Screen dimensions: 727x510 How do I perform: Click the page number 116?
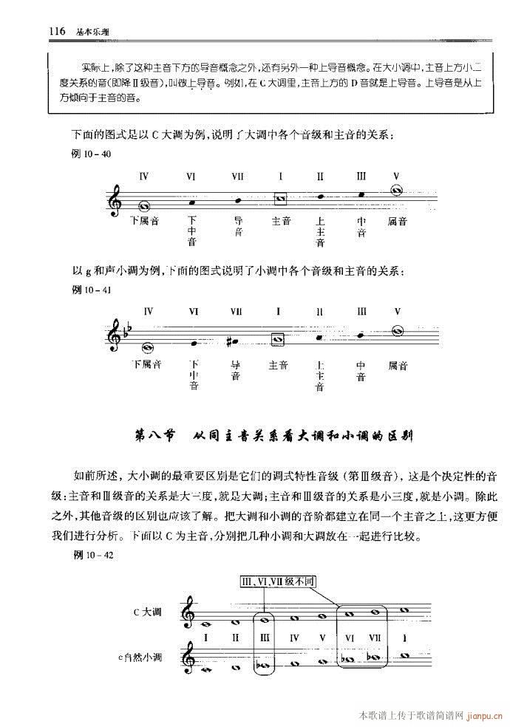(57, 31)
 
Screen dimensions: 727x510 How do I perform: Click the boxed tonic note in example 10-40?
(279, 199)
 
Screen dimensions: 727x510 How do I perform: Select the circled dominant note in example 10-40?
(398, 191)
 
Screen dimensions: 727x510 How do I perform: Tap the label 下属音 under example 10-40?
(145, 220)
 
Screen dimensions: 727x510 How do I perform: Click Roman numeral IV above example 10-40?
(144, 176)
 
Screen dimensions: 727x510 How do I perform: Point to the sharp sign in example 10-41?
(231, 342)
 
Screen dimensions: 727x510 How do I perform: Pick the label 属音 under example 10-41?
(398, 366)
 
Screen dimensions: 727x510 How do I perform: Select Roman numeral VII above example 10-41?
(237, 311)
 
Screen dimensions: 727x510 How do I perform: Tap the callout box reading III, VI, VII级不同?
(279, 582)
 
